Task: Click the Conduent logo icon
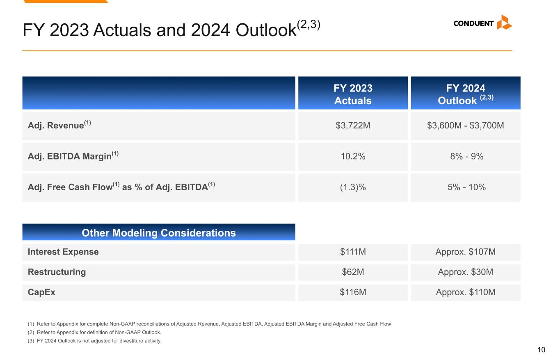coord(504,23)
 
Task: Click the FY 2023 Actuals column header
coord(353,94)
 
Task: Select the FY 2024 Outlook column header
coord(465,94)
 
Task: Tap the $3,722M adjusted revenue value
coord(353,125)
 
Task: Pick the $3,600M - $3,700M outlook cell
coord(465,125)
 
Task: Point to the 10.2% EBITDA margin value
coord(353,156)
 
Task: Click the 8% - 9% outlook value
coord(465,156)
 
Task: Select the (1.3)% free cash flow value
coord(353,187)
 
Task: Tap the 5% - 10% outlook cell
coord(465,187)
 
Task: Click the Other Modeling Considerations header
coord(159,233)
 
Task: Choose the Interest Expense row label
coord(63,252)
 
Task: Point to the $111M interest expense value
coord(353,252)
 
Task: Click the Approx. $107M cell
coord(465,252)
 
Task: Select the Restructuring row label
coord(57,272)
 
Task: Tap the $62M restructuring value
coord(353,272)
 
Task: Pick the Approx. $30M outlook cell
coord(465,272)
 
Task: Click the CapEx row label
coord(41,292)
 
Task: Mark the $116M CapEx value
coord(353,292)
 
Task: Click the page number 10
coord(541,350)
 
